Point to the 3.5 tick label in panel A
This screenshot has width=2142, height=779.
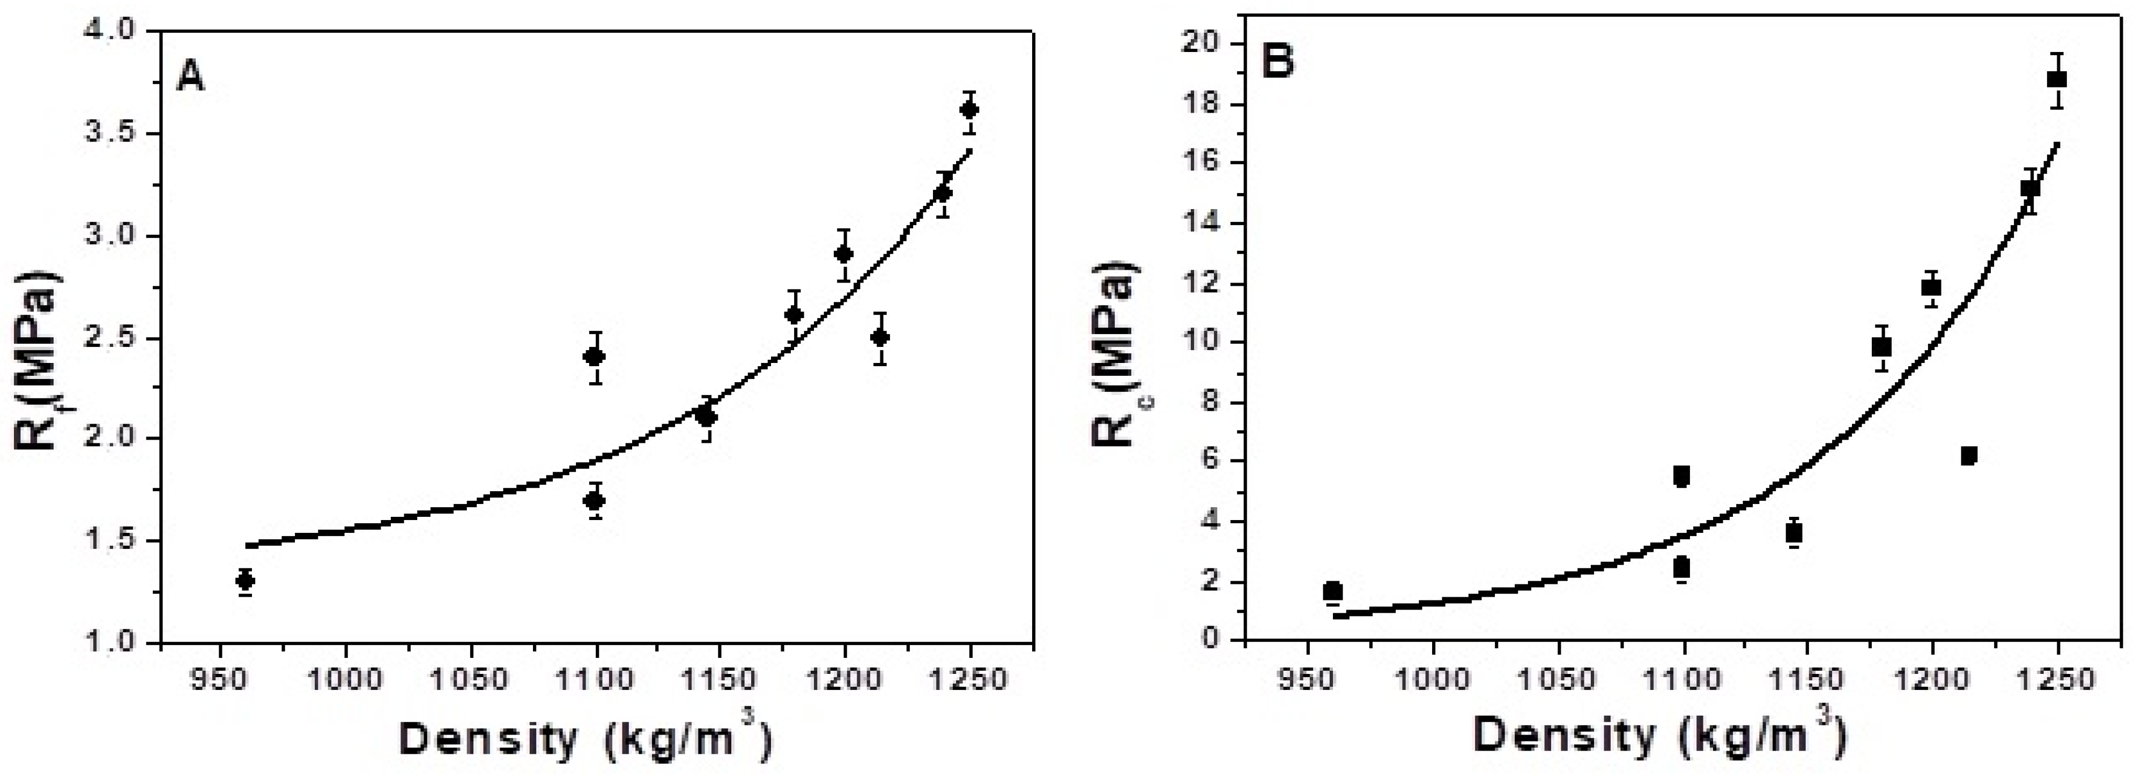(x=113, y=134)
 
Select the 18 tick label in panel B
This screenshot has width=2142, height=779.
(x=1207, y=105)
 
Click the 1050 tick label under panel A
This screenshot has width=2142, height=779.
(x=471, y=679)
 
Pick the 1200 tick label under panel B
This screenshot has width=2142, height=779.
(x=1931, y=679)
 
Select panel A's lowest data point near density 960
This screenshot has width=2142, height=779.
(x=246, y=580)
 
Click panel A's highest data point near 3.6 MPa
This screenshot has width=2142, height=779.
(x=969, y=110)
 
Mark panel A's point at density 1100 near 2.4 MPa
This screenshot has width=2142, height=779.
(x=595, y=357)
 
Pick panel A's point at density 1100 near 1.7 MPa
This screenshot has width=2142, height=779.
(x=595, y=501)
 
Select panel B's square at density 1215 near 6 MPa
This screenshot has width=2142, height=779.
(x=1968, y=456)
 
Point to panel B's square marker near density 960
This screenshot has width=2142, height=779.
(x=1333, y=591)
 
